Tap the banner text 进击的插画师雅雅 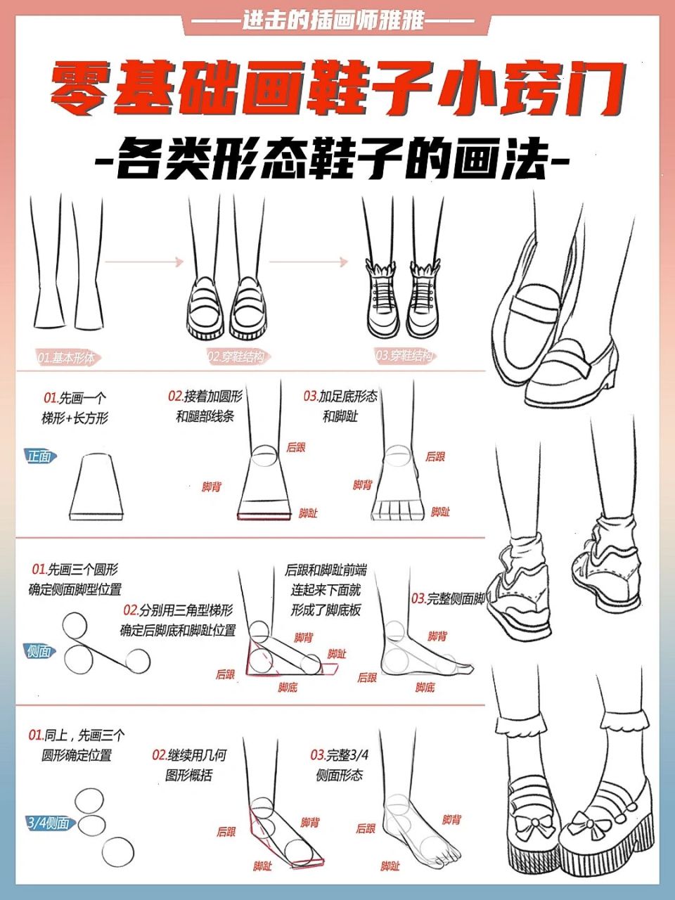tap(333, 20)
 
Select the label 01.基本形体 tap(66, 358)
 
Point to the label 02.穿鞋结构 tap(236, 357)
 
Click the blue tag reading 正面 tap(39, 456)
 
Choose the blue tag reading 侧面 tap(39, 651)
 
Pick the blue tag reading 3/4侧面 tap(48, 823)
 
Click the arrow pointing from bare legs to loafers tap(144, 262)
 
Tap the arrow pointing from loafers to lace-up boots tap(309, 262)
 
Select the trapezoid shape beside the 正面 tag tap(96, 487)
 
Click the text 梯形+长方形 tap(75, 418)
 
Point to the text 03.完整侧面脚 tap(449, 599)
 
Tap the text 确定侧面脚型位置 tap(75, 589)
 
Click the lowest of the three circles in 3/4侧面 tap(117, 852)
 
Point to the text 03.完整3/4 tap(340, 755)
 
